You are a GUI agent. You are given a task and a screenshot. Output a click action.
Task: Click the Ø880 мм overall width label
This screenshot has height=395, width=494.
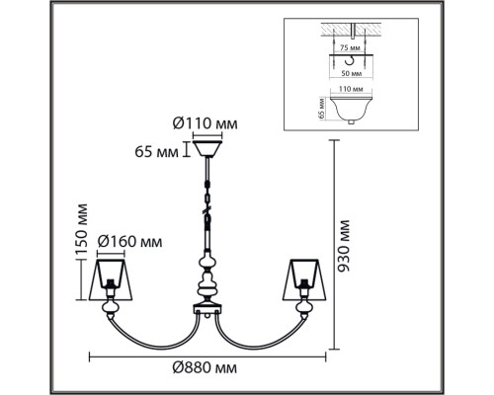point(205,367)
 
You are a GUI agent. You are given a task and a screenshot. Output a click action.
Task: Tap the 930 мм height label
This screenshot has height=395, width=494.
point(344,245)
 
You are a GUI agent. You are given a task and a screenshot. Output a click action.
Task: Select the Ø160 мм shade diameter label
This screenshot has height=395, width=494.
point(129,242)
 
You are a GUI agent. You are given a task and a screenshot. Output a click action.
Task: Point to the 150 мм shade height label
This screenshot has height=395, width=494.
point(81,230)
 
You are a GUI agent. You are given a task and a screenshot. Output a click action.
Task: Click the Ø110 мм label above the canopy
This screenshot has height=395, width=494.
point(205,124)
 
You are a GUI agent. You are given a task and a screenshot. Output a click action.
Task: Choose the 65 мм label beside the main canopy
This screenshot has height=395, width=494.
point(157,152)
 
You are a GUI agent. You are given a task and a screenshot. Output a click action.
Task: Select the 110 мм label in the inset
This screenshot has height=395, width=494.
point(351,89)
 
